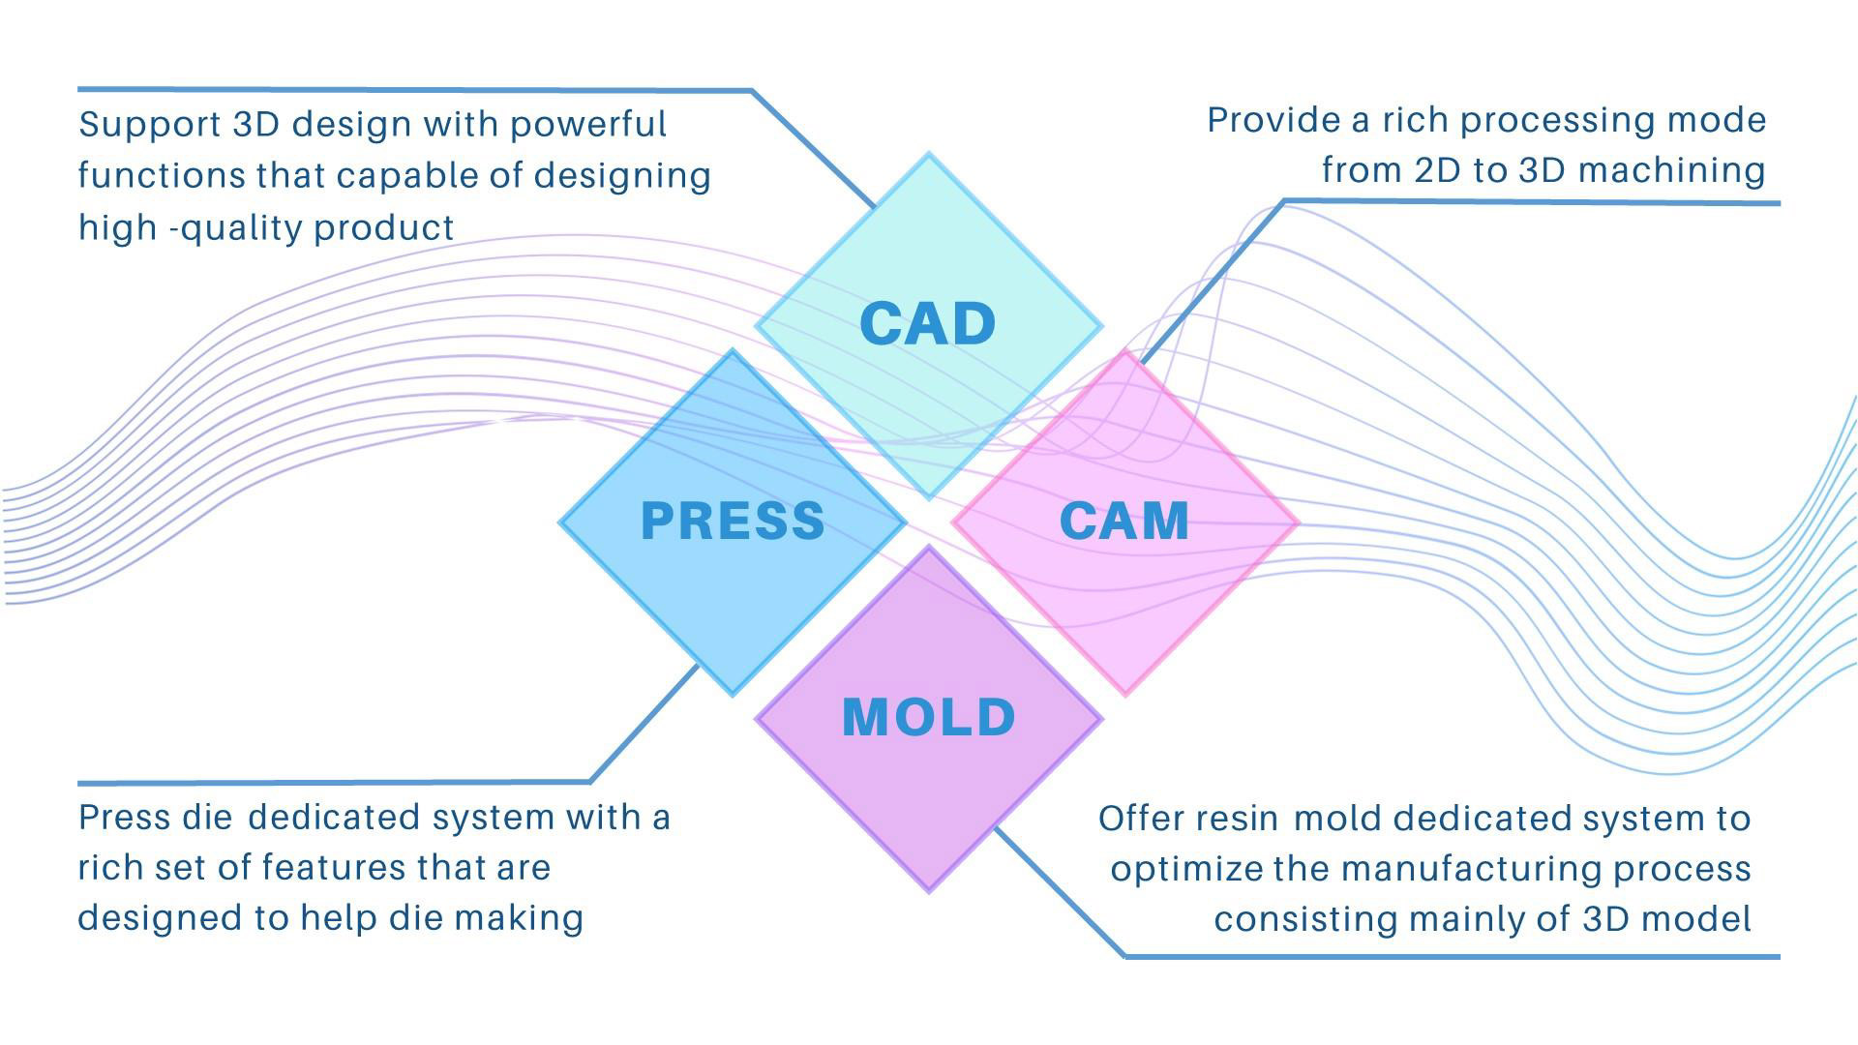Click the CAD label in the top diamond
927,323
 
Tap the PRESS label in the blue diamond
733,521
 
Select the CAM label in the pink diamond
1124,521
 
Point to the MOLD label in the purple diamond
929,717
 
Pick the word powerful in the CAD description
587,126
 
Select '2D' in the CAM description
1437,170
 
